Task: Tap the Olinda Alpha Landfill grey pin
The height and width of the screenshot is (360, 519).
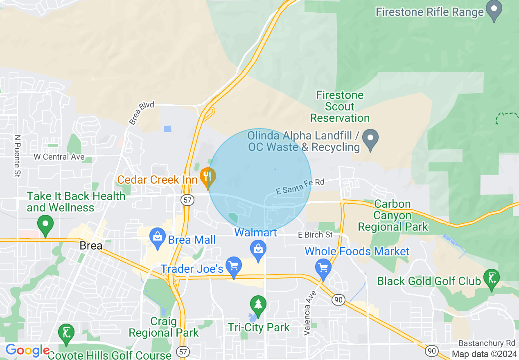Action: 370,140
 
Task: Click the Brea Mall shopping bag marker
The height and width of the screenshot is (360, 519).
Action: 158,239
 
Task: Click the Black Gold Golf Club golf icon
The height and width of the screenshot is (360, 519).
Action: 491,279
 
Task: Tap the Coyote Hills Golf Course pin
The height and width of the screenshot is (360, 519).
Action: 66,334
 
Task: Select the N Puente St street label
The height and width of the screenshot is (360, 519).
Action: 17,156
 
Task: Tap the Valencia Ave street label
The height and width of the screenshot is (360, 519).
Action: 310,313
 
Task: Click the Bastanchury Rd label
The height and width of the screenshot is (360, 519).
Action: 486,343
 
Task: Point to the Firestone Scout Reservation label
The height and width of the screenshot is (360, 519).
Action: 340,107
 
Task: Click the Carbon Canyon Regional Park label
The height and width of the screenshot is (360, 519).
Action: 393,215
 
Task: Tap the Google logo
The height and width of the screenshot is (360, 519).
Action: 27,351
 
